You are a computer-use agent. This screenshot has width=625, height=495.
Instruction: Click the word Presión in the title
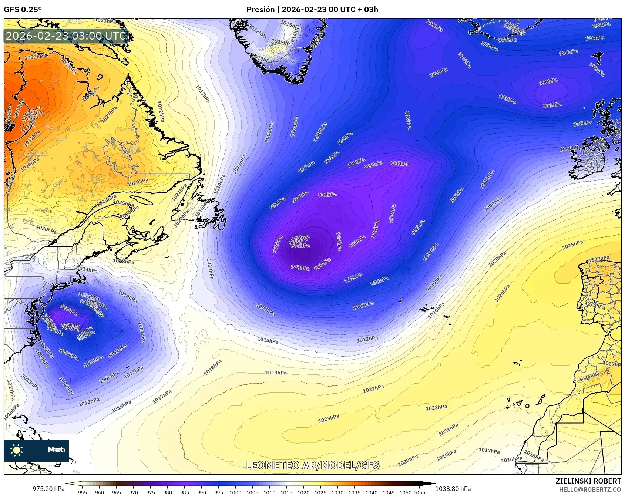tap(261, 10)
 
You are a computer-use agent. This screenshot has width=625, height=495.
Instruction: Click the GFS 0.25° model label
tap(23, 10)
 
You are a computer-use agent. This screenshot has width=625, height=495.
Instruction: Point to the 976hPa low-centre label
tap(300, 246)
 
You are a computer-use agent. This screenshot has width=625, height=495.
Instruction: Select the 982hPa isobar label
tap(327, 195)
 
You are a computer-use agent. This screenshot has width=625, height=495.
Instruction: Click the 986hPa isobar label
tap(400, 164)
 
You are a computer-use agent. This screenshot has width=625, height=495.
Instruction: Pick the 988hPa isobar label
tap(373, 165)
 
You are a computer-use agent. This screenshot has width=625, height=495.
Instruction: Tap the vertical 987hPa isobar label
tap(392, 213)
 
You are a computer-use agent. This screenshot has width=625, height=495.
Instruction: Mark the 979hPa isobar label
tap(300, 267)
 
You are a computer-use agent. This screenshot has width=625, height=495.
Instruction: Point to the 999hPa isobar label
tap(457, 195)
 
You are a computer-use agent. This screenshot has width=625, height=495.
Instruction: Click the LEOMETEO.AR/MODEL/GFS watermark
tap(313, 465)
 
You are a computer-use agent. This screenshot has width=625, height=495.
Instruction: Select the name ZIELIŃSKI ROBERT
tap(588, 481)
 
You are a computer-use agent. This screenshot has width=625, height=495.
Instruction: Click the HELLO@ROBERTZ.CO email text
tap(590, 489)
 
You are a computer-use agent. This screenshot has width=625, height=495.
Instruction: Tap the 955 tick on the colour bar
tap(83, 492)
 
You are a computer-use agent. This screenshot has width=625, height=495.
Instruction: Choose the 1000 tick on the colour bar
tap(235, 492)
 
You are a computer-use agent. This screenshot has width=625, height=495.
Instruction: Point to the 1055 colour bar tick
tap(419, 492)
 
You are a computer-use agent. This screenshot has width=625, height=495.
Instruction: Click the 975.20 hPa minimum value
tap(48, 489)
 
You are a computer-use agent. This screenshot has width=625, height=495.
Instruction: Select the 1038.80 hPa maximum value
tap(453, 489)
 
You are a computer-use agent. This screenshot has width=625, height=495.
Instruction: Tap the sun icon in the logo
tap(16, 450)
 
